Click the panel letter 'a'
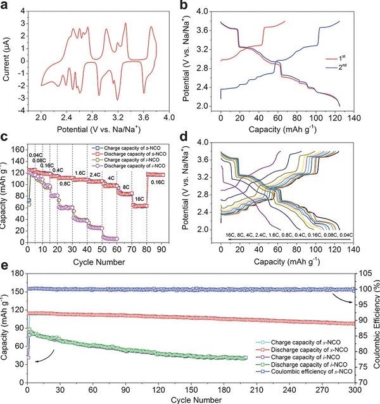pos(4,6)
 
